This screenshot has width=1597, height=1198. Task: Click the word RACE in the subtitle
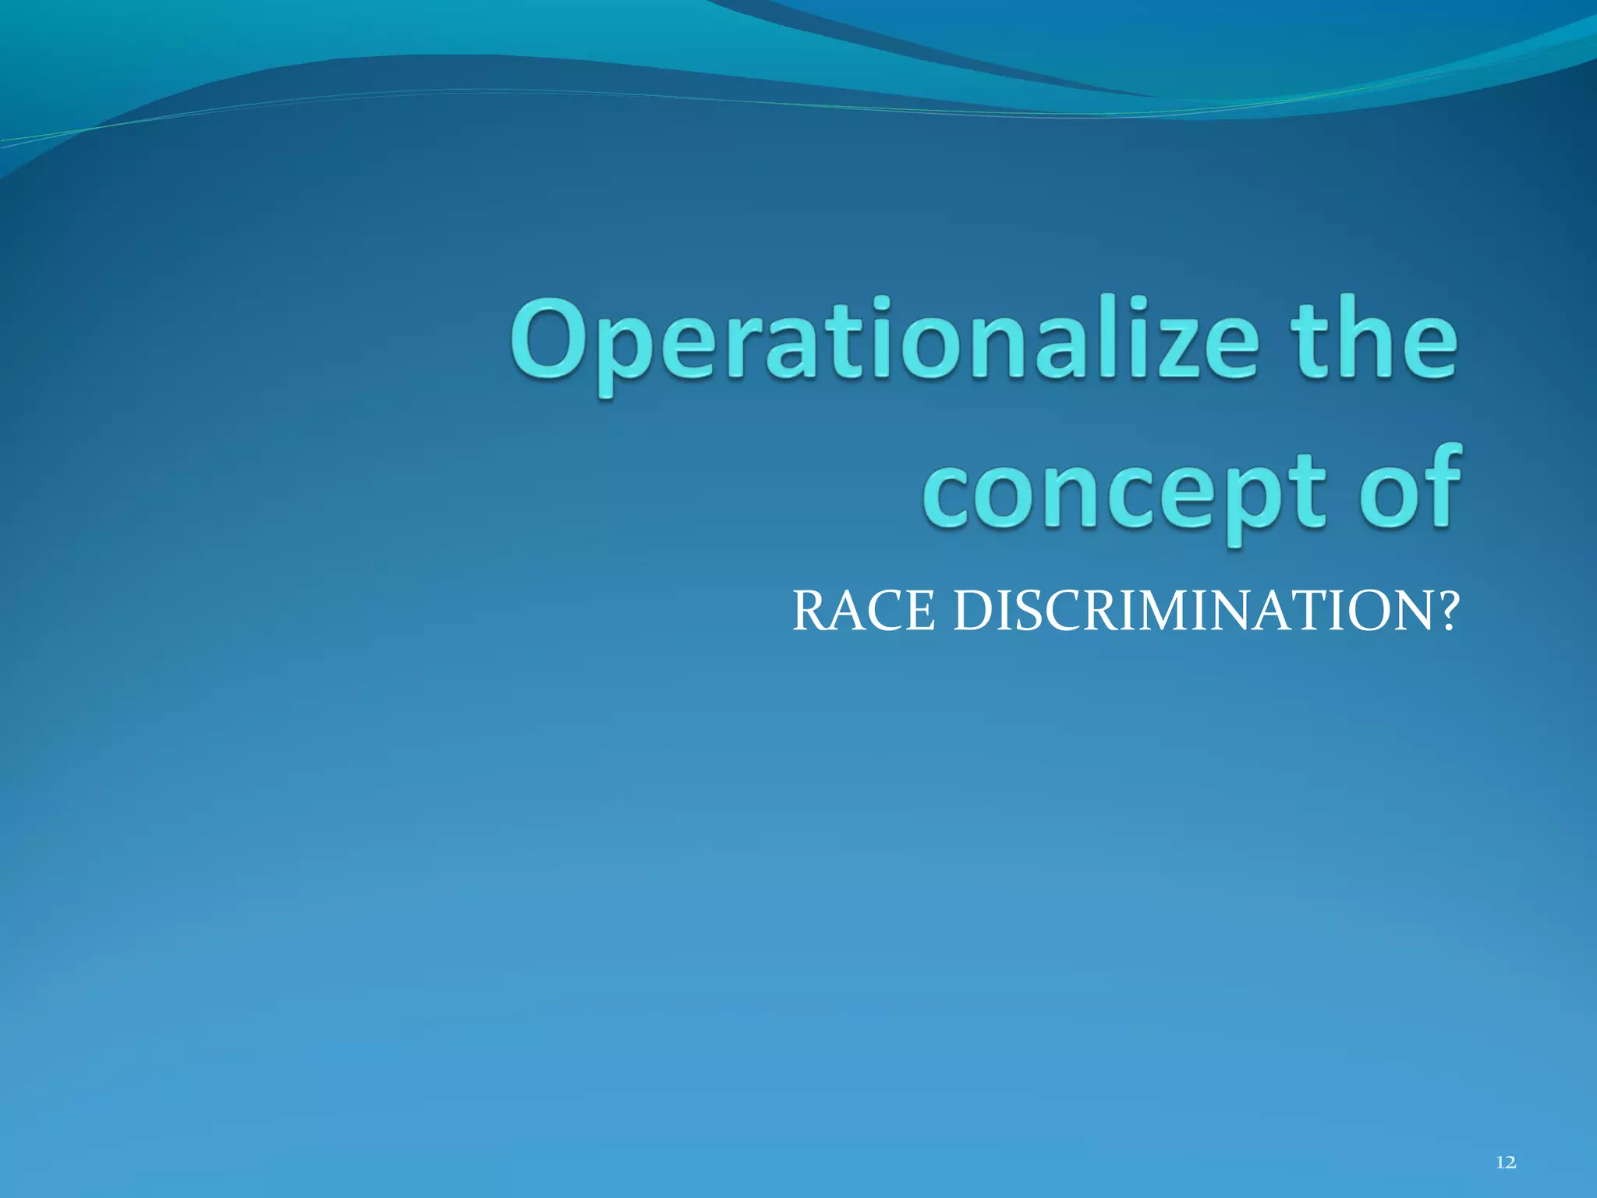click(x=863, y=611)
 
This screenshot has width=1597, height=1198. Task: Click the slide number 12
click(x=1507, y=1164)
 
